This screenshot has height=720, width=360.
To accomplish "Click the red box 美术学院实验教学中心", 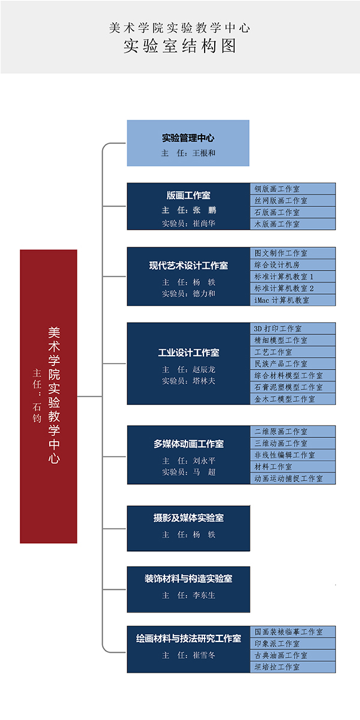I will tap(49, 396).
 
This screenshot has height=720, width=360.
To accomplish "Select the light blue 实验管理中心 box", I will tap(188, 143).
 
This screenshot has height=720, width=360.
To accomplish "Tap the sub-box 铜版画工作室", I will tap(293, 189).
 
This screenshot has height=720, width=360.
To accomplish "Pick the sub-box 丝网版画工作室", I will tap(293, 200).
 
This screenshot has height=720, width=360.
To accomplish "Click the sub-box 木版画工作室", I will tap(293, 224).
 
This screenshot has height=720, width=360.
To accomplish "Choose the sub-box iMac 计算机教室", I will tap(293, 300).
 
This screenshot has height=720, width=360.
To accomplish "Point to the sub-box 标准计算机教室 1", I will tap(293, 277).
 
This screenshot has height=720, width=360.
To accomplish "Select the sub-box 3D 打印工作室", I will tap(293, 329).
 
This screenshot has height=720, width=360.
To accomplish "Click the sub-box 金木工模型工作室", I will tap(293, 399).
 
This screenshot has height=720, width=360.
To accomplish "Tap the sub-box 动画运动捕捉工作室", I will tap(293, 478).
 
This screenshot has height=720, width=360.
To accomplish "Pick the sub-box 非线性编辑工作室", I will tap(293, 455).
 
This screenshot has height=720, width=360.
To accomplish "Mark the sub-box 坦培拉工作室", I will tap(293, 667).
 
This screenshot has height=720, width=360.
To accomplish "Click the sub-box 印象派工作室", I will tap(293, 644).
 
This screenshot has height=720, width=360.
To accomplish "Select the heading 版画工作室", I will tap(188, 196).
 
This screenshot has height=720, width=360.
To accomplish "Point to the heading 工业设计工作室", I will tap(188, 353).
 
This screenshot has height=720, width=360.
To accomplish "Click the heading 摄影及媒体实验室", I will tap(188, 518).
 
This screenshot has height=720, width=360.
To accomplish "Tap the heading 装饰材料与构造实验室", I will tap(188, 579).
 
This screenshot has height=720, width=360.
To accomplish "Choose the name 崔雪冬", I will tap(204, 655).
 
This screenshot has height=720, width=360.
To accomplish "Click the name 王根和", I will tap(204, 153).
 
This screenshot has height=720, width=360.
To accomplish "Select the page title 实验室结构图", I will tap(180, 46).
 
